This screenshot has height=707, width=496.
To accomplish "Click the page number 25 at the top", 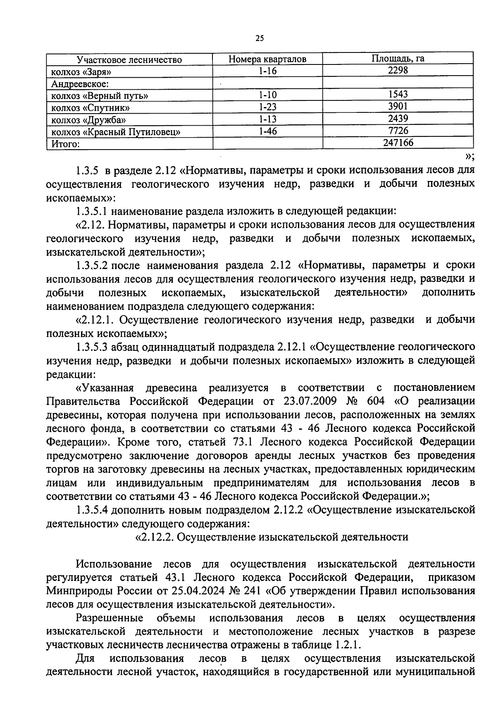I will (x=260, y=38).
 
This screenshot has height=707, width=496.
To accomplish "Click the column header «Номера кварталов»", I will (x=267, y=59).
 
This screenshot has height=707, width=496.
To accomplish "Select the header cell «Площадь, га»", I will (x=398, y=59).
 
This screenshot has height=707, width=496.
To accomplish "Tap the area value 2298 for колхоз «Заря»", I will (x=398, y=70).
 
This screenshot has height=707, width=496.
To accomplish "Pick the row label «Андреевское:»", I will (x=79, y=84).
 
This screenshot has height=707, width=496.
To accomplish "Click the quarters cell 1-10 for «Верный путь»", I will (x=267, y=95).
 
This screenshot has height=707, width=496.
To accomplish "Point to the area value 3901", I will (x=398, y=107).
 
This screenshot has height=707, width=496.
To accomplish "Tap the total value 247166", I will (x=398, y=143).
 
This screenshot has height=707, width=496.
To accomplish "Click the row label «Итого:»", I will (x=65, y=144).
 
